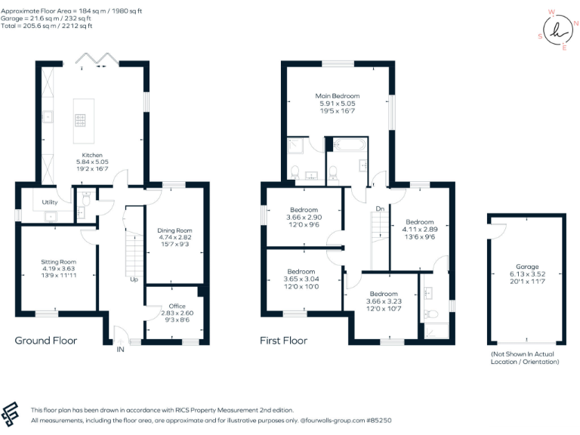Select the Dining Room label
coord(174,230)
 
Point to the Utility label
coord(50,202)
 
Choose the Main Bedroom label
coord(338,96)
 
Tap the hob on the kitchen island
coord(79,119)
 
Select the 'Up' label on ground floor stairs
coord(134,279)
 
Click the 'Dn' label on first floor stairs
coord(379,209)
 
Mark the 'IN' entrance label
coord(119,349)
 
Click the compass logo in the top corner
coord(559,30)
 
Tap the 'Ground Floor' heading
coord(46,341)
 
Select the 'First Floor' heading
coord(283,341)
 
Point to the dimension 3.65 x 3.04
coord(301,278)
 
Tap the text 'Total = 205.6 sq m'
coord(30,26)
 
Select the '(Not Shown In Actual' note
coord(526,354)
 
